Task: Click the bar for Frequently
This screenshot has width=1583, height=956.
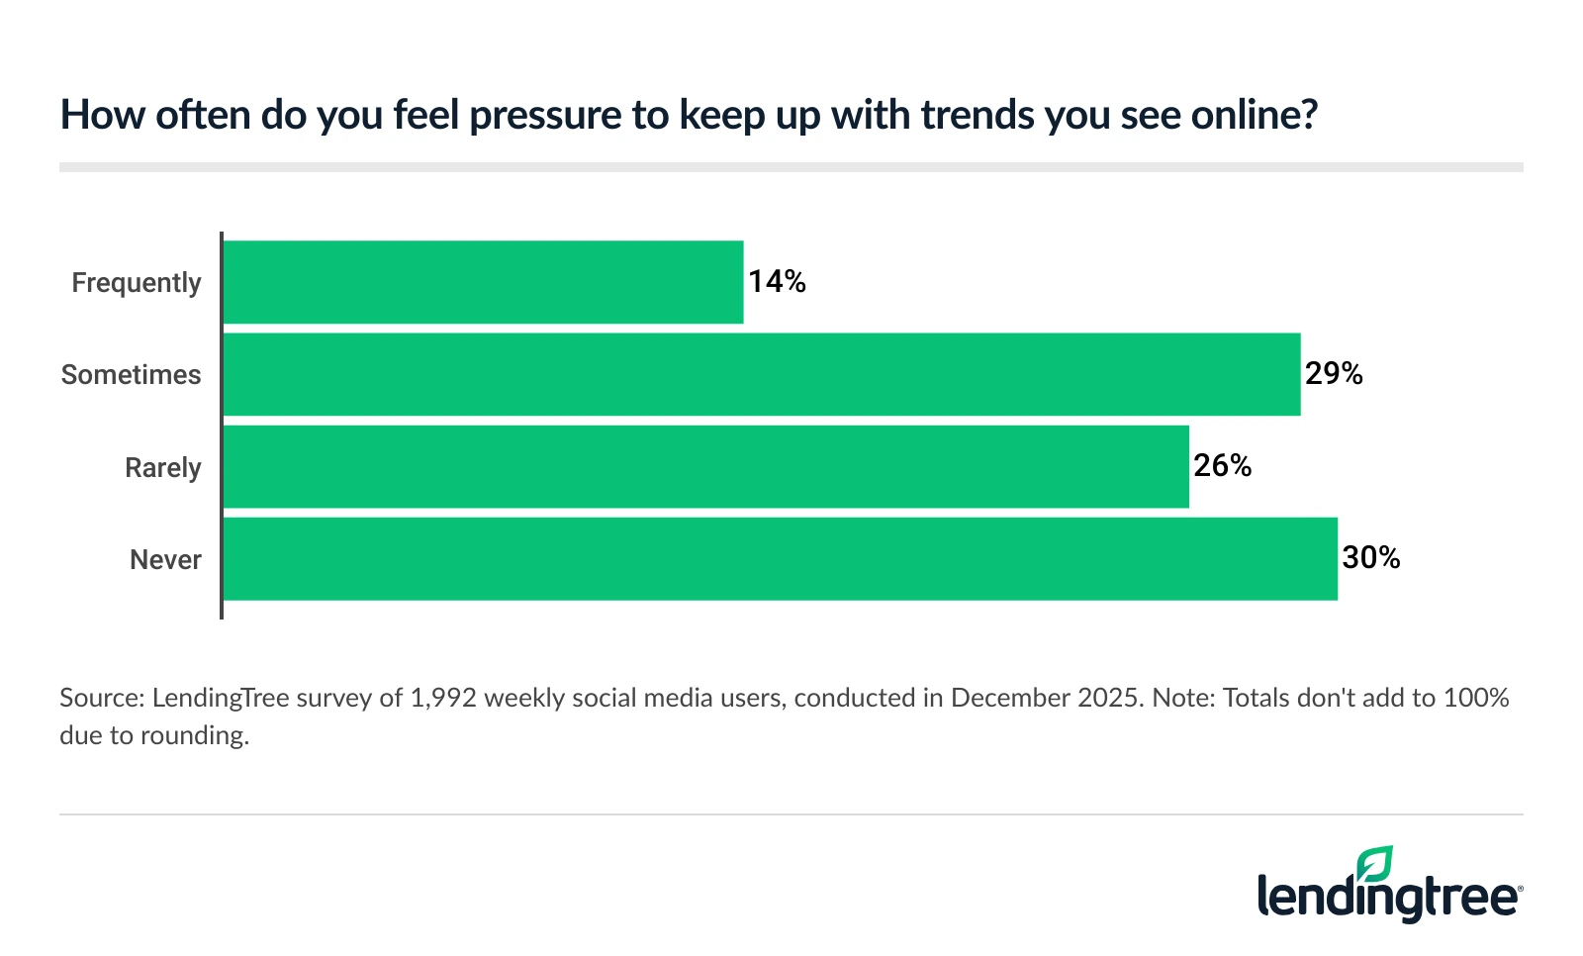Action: (483, 282)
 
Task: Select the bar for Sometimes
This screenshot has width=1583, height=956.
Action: (761, 374)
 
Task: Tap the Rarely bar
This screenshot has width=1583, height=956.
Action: (705, 467)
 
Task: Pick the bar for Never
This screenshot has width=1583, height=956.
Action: (780, 559)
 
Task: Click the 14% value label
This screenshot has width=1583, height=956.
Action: (777, 282)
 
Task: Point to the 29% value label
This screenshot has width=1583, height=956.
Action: (1334, 374)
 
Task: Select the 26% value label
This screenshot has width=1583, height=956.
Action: (1222, 466)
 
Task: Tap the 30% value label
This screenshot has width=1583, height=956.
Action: (1370, 558)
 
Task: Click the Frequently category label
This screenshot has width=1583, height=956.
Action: (137, 283)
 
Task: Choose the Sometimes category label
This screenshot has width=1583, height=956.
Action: (131, 375)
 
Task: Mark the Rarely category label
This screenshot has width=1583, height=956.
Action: (162, 468)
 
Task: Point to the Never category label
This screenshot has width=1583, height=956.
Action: (165, 560)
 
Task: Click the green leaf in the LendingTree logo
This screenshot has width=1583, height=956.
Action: (1375, 863)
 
